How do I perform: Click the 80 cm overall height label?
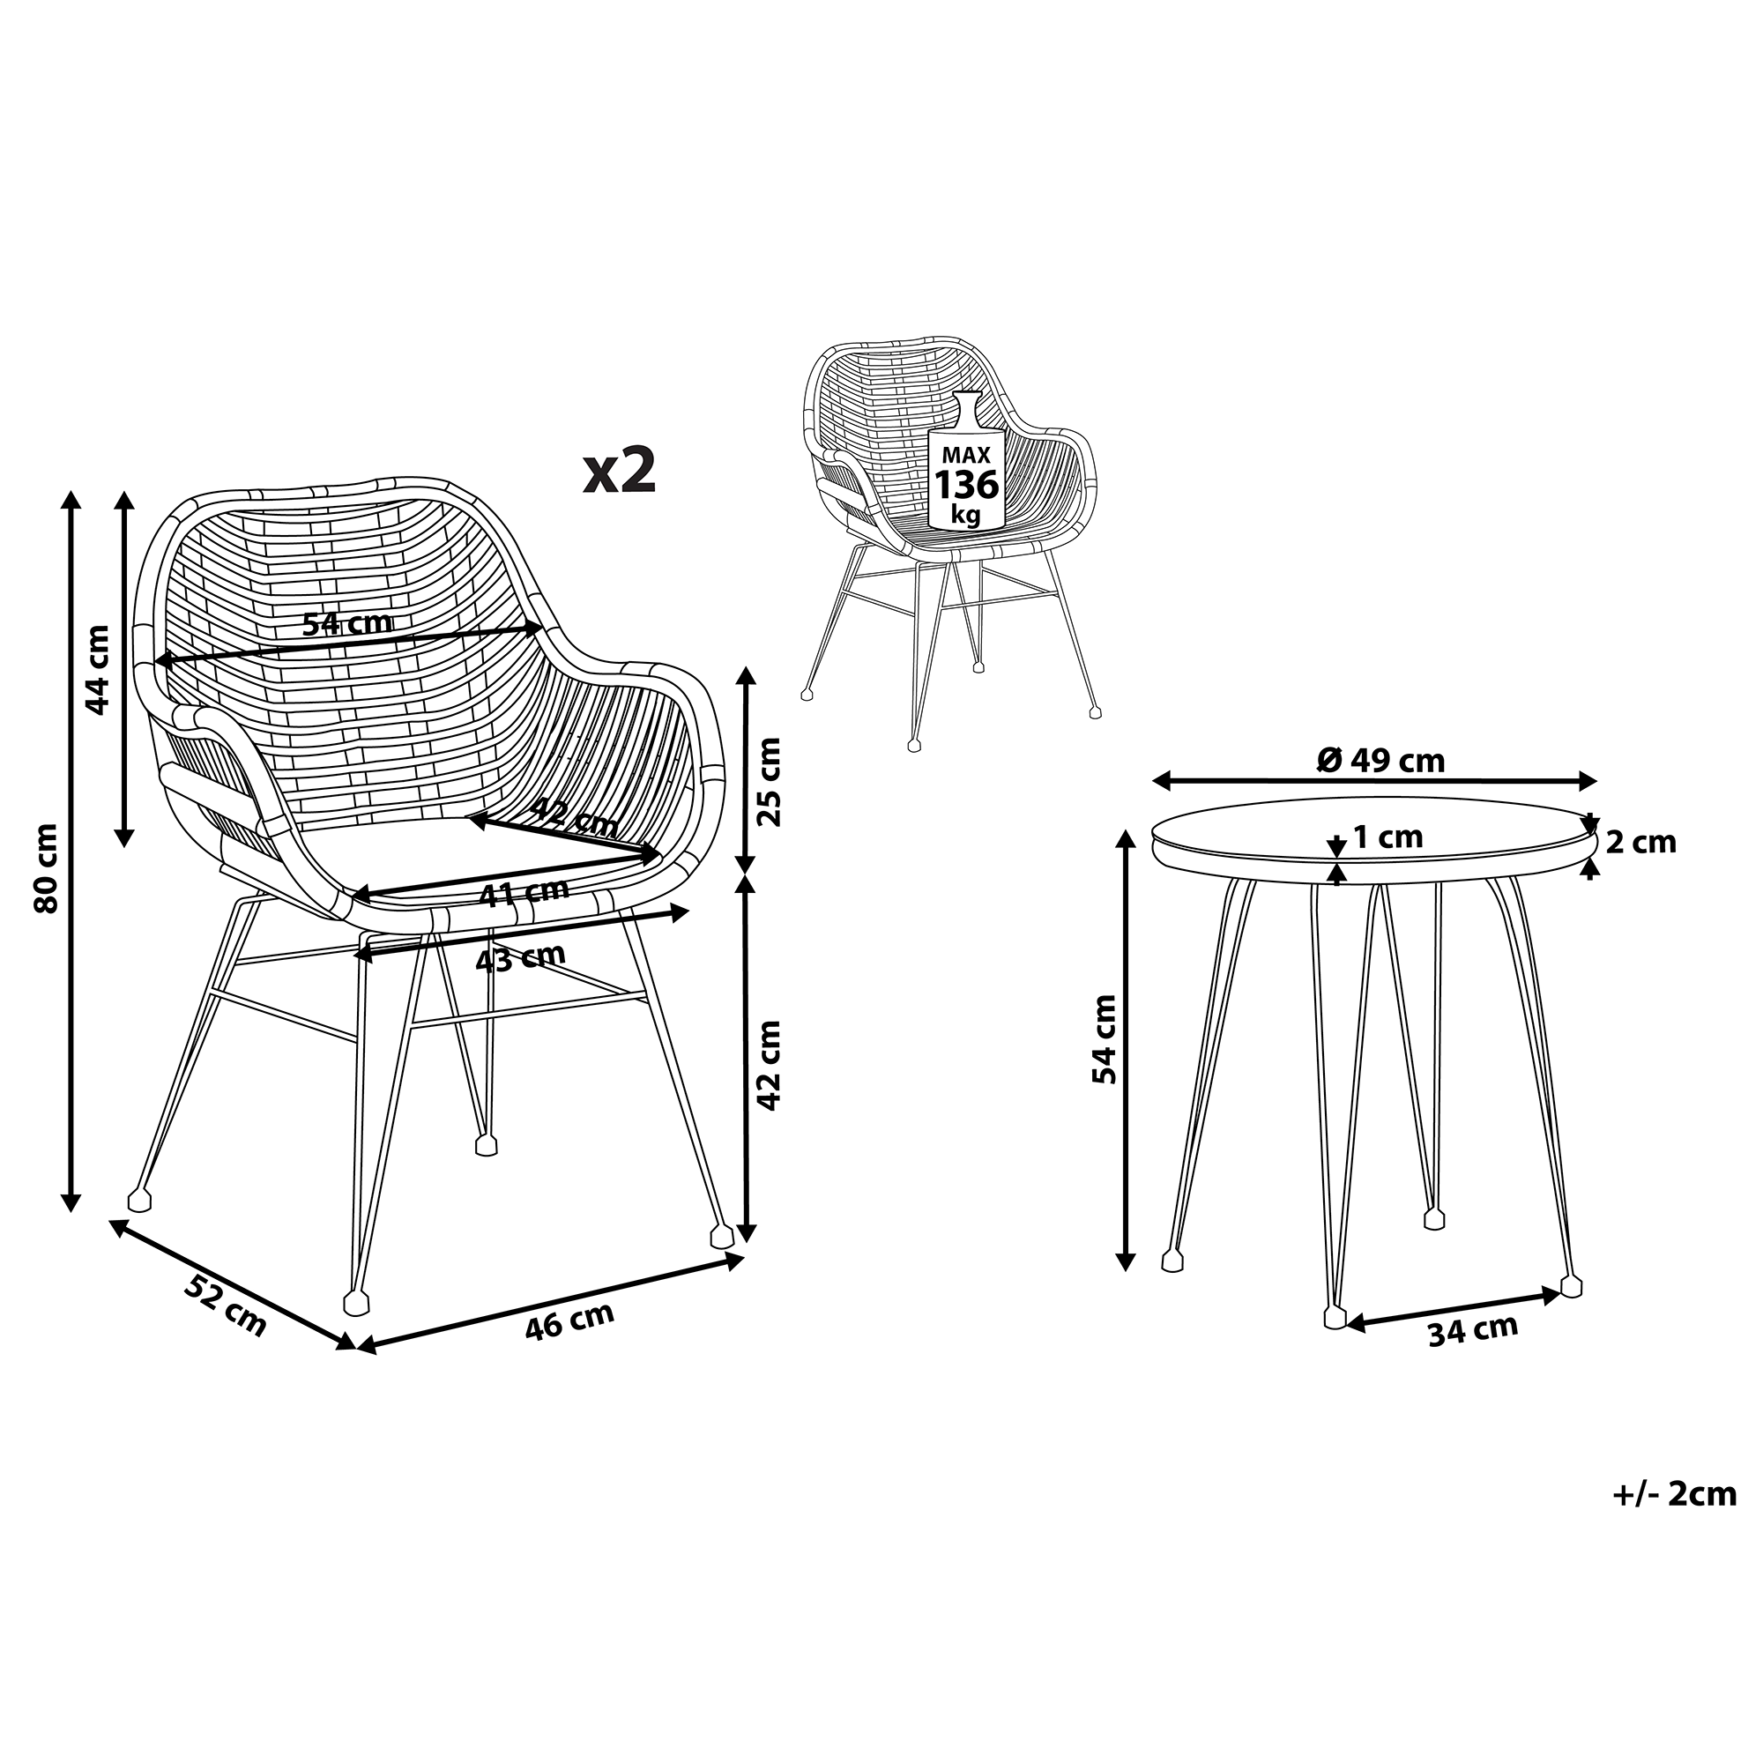46,867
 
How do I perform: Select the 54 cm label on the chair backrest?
347,624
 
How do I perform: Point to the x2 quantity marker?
620,471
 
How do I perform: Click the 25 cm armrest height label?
771,781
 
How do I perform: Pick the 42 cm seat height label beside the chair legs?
771,1064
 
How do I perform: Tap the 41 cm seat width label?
524,892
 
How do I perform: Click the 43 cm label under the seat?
521,957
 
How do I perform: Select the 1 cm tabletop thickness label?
1389,837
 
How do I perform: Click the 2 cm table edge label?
1641,842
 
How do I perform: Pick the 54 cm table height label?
1105,1038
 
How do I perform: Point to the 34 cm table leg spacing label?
1473,1330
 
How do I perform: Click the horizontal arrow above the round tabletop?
1375,781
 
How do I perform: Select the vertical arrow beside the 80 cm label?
71,851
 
